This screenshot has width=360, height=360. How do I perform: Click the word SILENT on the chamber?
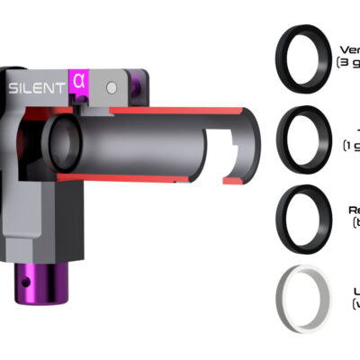coord(35,88)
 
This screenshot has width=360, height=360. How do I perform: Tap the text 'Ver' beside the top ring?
coord(349,49)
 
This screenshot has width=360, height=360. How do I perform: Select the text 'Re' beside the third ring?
coord(353,210)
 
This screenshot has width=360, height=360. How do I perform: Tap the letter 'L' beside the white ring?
coord(356,291)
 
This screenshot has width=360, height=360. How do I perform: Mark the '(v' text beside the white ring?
coord(355,304)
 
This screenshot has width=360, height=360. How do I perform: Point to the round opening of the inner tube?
coord(65,142)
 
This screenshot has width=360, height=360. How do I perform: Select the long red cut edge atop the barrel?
coord(180,111)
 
